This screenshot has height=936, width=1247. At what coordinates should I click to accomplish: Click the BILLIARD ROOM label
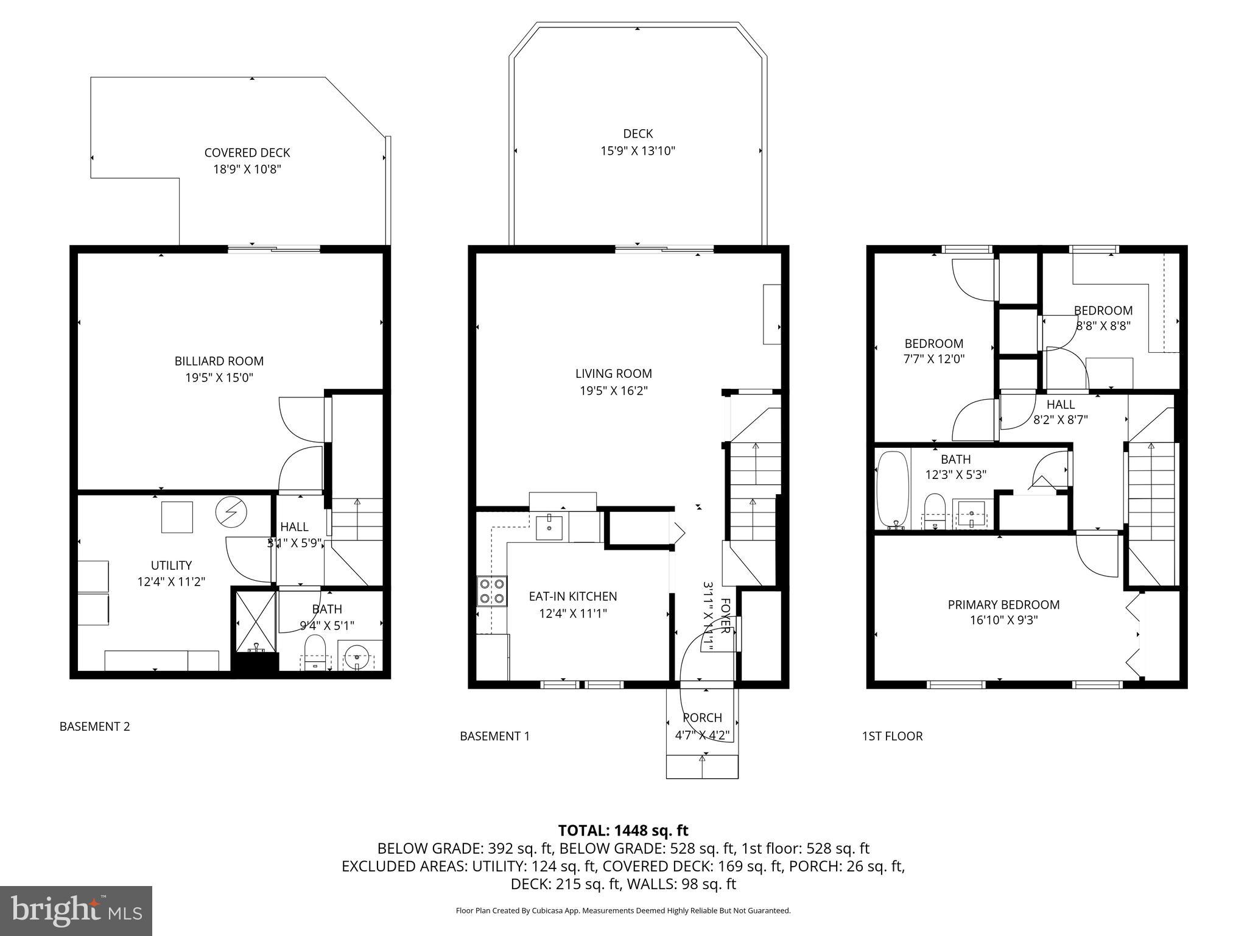(219, 361)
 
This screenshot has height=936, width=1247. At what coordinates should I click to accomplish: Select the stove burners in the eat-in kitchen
(492, 590)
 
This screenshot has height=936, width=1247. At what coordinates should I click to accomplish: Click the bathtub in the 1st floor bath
(892, 489)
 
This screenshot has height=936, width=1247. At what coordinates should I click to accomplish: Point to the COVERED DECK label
(247, 153)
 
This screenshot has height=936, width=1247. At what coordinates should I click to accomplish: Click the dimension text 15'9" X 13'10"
(638, 151)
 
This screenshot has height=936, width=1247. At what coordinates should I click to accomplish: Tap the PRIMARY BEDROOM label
(1003, 604)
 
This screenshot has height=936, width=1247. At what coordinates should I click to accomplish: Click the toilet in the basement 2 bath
(315, 650)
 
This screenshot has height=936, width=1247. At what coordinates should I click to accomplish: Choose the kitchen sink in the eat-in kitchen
(550, 527)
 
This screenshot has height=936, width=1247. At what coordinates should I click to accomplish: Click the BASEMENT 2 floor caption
(94, 726)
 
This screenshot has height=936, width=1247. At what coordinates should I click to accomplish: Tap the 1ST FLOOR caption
(891, 736)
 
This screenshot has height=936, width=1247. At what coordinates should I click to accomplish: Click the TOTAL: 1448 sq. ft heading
(623, 830)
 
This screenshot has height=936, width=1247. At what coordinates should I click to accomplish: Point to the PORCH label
(702, 718)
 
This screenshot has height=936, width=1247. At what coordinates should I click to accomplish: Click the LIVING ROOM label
(613, 374)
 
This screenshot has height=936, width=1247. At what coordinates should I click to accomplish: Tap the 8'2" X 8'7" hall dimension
(1060, 419)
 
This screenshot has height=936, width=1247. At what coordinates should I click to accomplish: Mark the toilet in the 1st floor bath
(933, 510)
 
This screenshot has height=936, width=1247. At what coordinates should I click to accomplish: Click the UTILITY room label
(171, 565)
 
